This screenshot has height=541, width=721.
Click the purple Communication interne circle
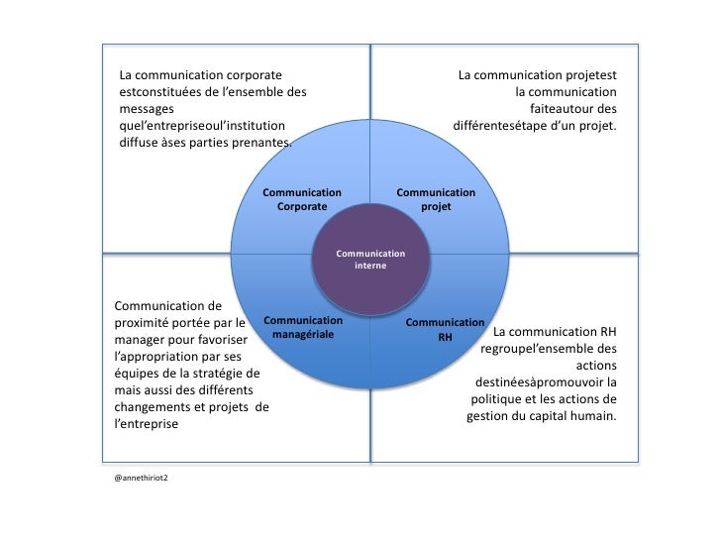[370, 261]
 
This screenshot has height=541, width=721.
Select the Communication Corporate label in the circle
[302, 199]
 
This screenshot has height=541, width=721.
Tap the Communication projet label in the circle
[436, 199]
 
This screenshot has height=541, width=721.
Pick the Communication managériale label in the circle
[303, 328]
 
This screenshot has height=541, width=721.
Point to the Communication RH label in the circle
[445, 330]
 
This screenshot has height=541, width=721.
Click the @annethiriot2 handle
[142, 477]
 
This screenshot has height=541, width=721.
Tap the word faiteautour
[564, 109]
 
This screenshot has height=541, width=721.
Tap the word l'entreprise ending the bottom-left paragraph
[147, 423]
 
